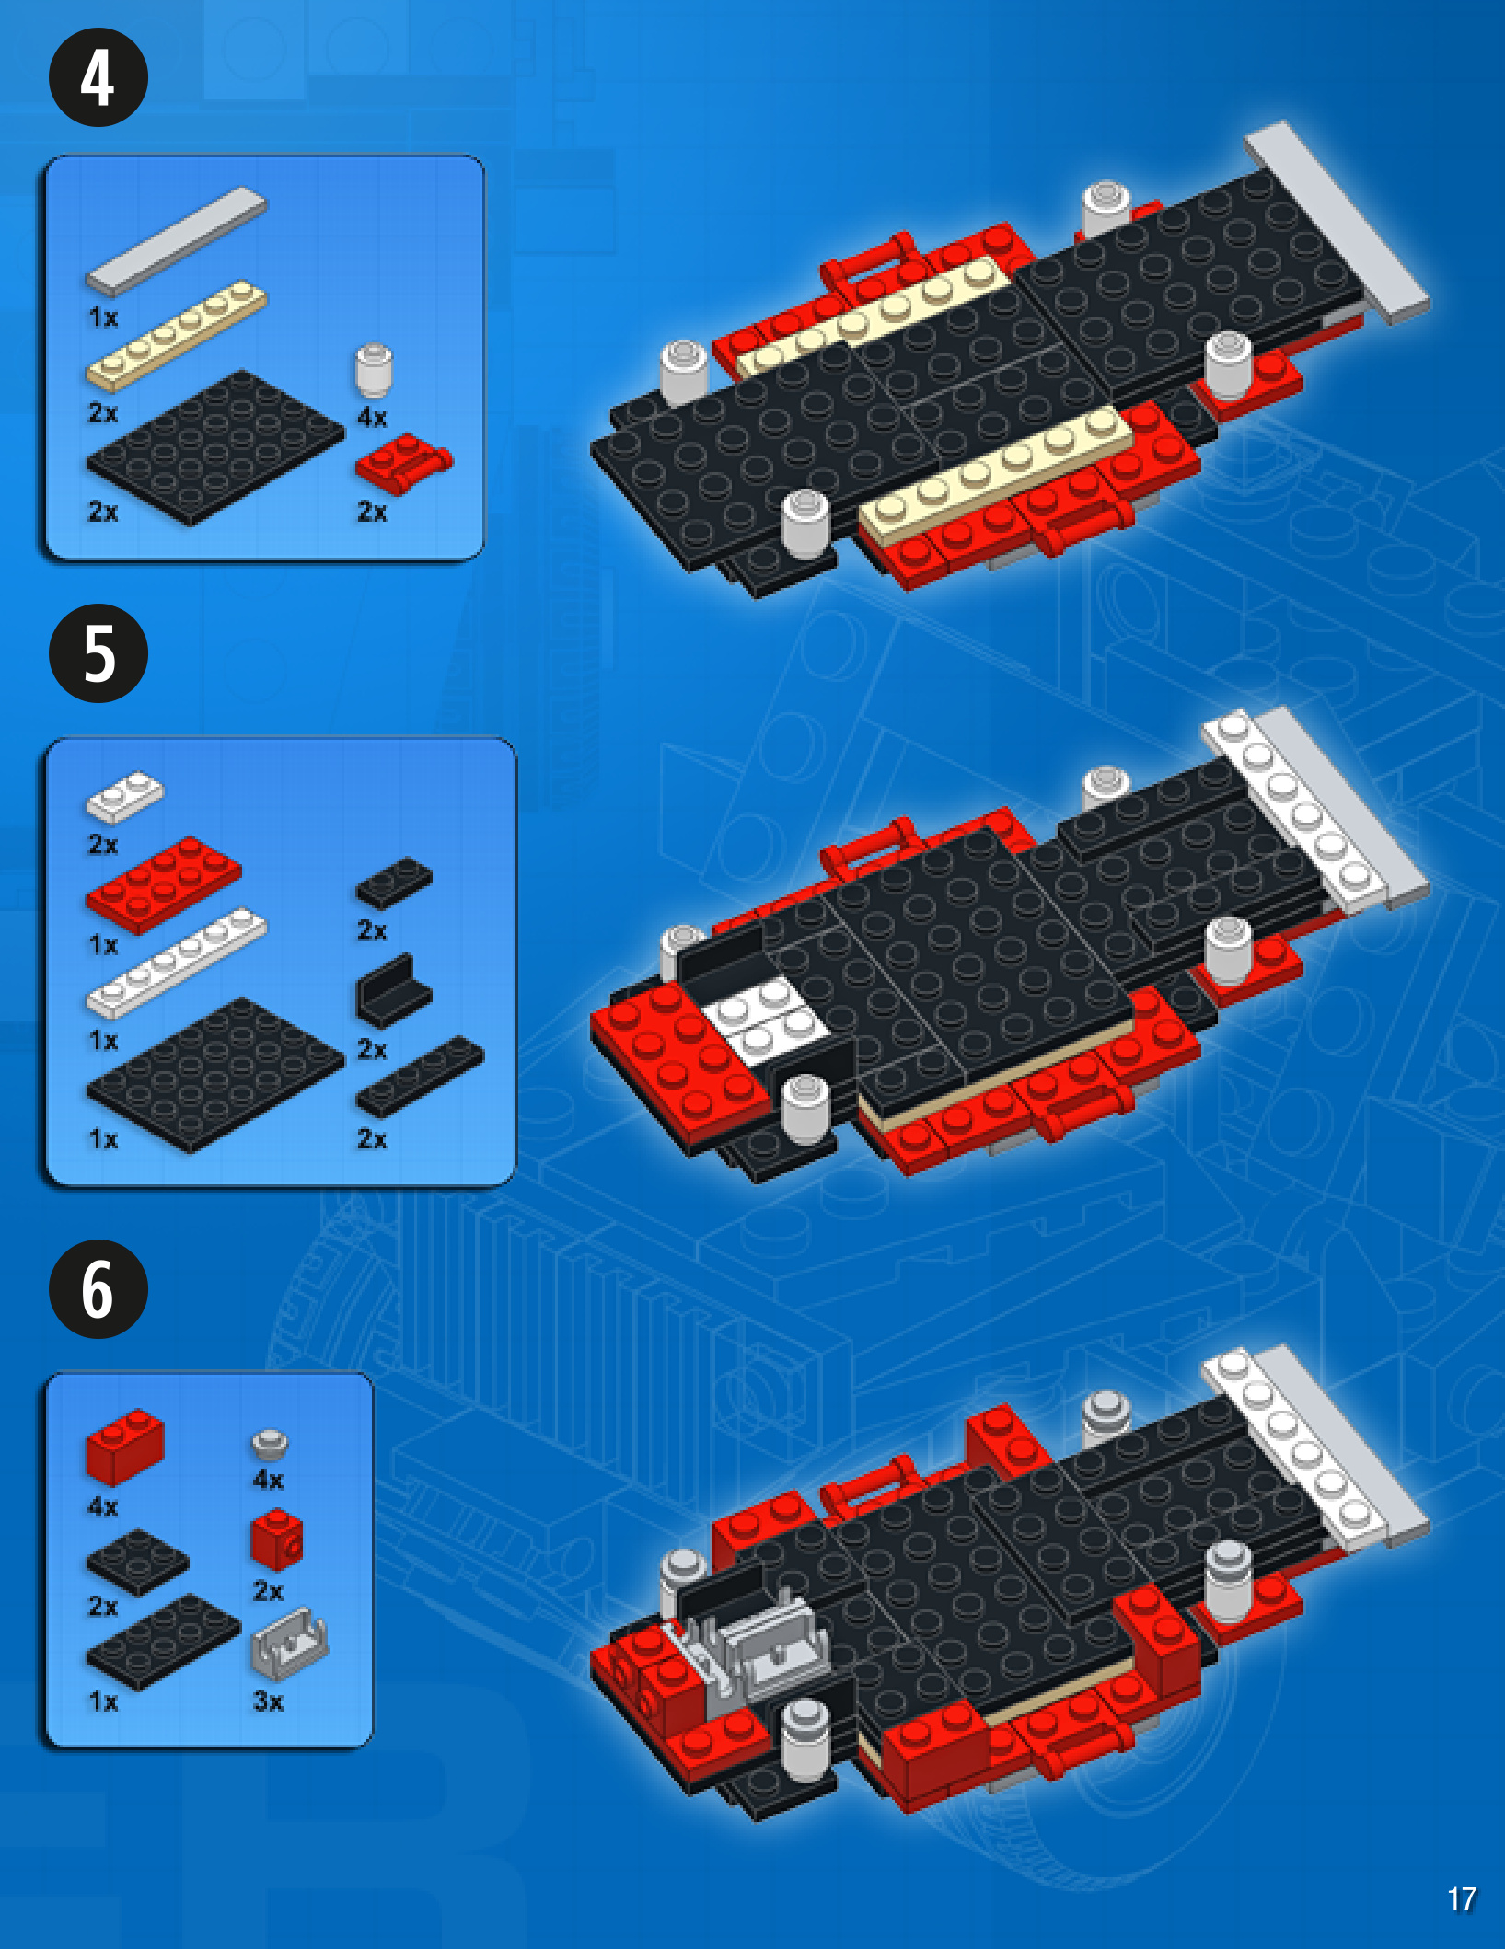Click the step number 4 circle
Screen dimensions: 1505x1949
point(98,77)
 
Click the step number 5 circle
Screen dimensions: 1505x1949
point(98,653)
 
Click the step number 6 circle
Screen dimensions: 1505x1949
point(98,1288)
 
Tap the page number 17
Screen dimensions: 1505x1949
point(1462,1899)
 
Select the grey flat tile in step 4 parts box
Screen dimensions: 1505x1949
point(176,242)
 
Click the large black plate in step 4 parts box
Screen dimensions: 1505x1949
point(215,447)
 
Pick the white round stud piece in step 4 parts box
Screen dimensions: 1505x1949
point(374,370)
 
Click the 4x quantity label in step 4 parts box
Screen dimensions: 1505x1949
point(372,418)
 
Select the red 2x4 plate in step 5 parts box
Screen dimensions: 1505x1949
point(164,885)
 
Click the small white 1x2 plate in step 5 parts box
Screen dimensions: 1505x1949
point(124,797)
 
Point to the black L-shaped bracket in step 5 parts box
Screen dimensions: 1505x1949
point(393,991)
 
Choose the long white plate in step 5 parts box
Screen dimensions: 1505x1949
point(176,963)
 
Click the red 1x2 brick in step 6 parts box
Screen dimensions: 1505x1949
point(125,1447)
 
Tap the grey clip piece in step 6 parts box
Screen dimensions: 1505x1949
point(290,1643)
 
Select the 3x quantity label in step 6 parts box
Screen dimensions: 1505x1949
point(268,1701)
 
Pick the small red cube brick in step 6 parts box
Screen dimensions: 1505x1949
point(276,1539)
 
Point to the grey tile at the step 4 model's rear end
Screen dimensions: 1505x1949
point(1337,223)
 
